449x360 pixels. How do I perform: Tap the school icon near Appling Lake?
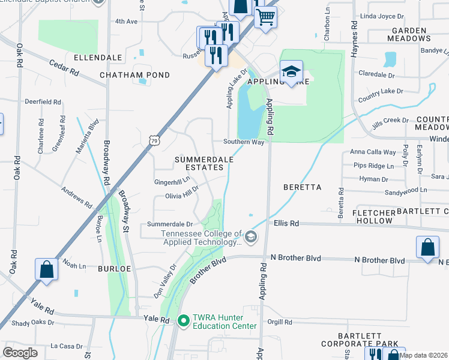[x=291, y=71]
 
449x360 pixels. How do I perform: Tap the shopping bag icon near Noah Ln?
[x=47, y=269]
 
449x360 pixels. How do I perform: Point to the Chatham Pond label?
[x=134, y=75]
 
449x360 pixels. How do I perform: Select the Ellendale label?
[x=98, y=58]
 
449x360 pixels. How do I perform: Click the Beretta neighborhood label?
[x=303, y=187]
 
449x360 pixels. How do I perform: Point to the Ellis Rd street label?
[x=286, y=223]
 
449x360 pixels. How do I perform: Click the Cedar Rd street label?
[x=64, y=67]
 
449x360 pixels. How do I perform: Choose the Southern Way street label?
[x=244, y=142]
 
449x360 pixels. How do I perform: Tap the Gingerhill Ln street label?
[x=172, y=180]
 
